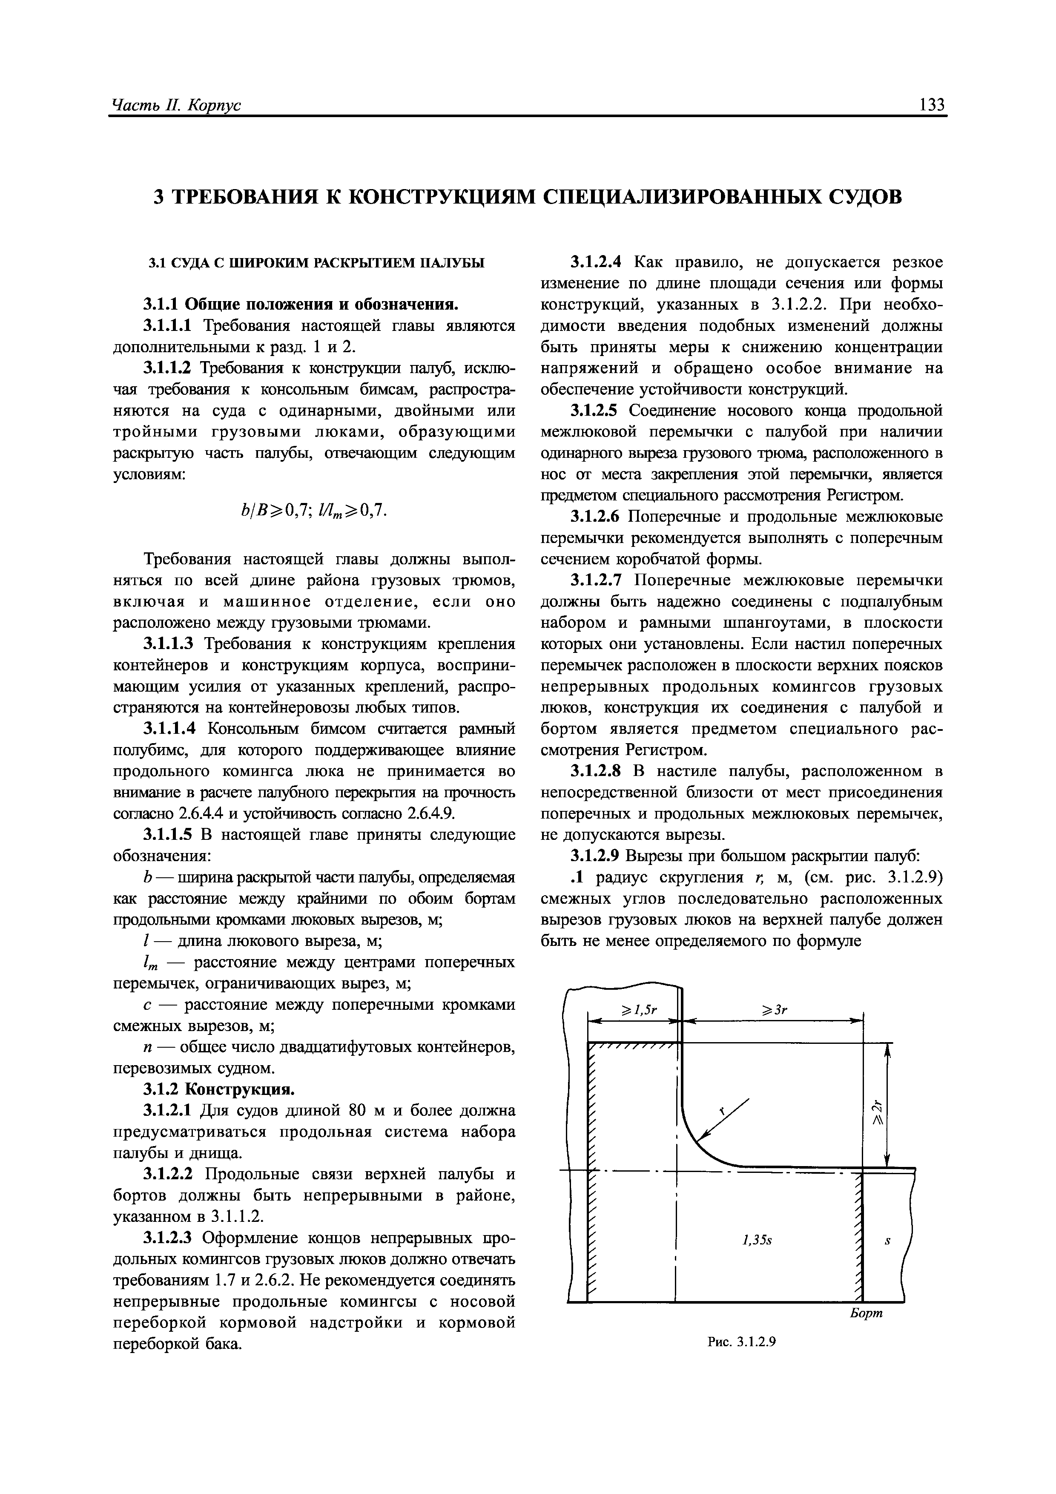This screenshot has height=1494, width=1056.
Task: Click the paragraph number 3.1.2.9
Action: (596, 855)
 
